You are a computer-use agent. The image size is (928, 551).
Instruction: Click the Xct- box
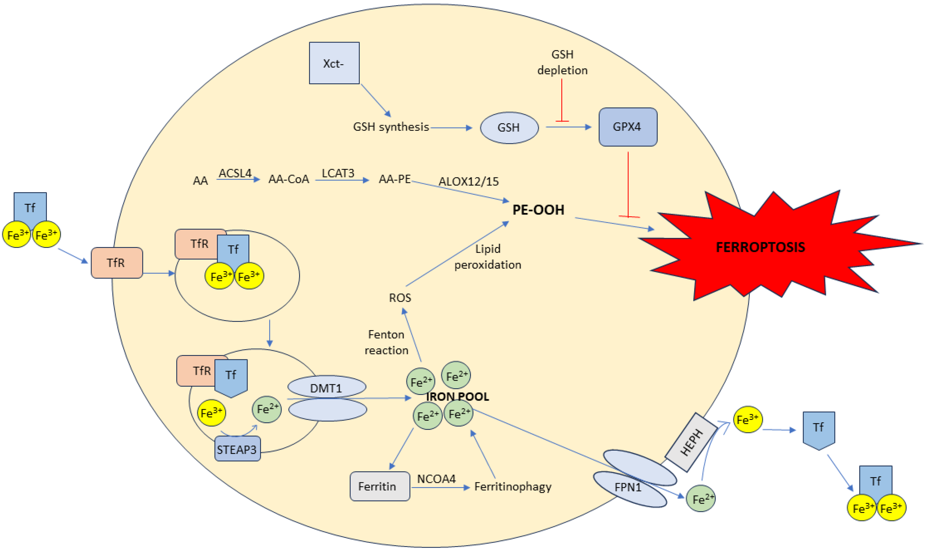click(x=334, y=63)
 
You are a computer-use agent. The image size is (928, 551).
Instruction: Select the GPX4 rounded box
click(x=628, y=127)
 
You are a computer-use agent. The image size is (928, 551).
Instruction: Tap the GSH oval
click(x=509, y=128)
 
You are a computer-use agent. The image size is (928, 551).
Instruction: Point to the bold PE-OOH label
click(x=538, y=210)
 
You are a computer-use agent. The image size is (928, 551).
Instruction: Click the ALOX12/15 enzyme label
click(x=468, y=182)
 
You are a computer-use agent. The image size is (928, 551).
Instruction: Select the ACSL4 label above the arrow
click(x=235, y=173)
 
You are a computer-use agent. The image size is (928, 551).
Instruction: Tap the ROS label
click(x=400, y=298)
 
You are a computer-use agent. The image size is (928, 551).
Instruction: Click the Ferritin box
click(x=379, y=486)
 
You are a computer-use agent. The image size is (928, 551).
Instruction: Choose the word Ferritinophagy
click(x=512, y=486)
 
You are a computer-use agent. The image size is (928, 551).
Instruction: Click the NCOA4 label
click(x=436, y=479)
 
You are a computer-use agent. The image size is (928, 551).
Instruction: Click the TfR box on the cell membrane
click(x=116, y=263)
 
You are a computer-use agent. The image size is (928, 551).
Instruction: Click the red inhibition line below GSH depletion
click(x=562, y=100)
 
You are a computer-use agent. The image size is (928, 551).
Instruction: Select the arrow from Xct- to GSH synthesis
click(x=376, y=100)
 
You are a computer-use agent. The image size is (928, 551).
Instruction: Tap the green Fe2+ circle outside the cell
click(x=700, y=499)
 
